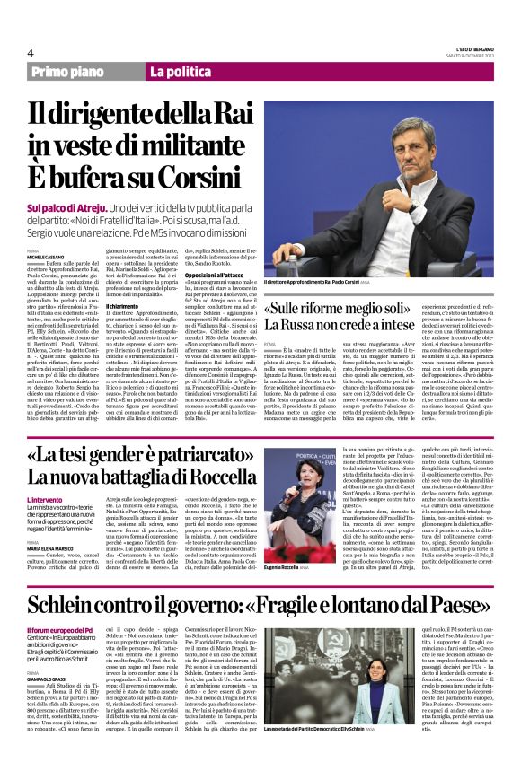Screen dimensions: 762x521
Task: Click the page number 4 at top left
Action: click(x=31, y=54)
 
